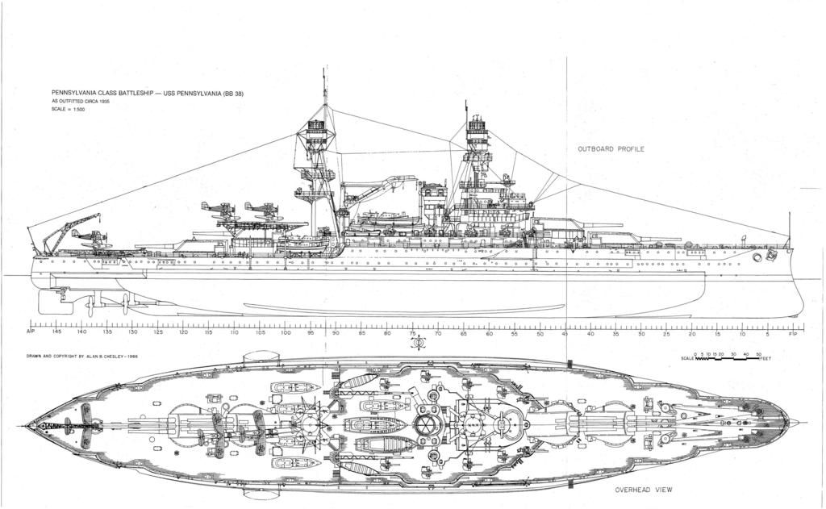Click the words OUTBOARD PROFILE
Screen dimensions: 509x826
point(611,149)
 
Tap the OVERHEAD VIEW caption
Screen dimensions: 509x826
point(644,490)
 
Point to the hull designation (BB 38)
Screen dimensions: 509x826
point(232,94)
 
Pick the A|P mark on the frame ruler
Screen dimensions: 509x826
point(31,332)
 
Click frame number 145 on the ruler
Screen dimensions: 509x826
point(56,332)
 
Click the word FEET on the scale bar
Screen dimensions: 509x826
point(766,359)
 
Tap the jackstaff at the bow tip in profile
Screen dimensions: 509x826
point(789,230)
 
